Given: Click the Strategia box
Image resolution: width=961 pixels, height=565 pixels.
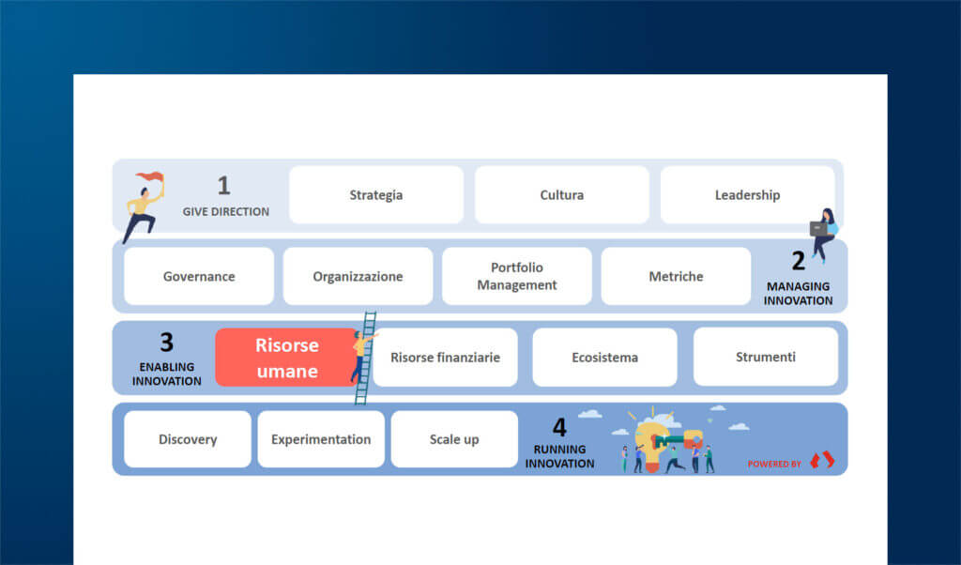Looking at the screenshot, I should point(375,195).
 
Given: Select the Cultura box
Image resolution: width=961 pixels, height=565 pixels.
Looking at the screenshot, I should point(561,195).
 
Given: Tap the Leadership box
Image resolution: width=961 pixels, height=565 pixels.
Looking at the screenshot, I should point(747,195).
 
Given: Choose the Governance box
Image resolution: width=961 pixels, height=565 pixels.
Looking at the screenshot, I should point(199,277).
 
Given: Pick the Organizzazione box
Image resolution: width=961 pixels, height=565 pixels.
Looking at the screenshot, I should point(358,277).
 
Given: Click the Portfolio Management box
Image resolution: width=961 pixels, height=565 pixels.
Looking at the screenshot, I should point(516,277).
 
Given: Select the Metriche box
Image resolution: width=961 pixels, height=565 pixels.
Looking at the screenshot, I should point(676,277).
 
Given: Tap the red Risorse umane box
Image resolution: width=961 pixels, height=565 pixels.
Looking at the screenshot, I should point(286,358).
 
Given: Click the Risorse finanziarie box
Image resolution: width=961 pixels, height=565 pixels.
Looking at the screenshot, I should point(445,358).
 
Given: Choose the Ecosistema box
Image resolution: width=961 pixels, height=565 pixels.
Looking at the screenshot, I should point(604,358).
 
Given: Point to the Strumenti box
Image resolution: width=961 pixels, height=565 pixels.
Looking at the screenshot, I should point(765,358).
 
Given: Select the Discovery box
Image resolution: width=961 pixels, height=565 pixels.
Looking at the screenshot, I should point(188,439).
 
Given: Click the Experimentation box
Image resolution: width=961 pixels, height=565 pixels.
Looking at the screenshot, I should point(321,439).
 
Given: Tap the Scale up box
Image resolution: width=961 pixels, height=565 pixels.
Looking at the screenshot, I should point(454,439).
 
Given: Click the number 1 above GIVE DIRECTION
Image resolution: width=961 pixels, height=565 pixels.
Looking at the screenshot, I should point(223,186).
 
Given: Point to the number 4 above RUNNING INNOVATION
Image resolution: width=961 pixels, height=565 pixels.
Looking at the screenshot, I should point(559,428).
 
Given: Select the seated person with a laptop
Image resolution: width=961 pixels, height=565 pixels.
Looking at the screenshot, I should point(824,234).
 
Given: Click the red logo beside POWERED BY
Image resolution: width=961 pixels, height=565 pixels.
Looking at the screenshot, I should point(822,461).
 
